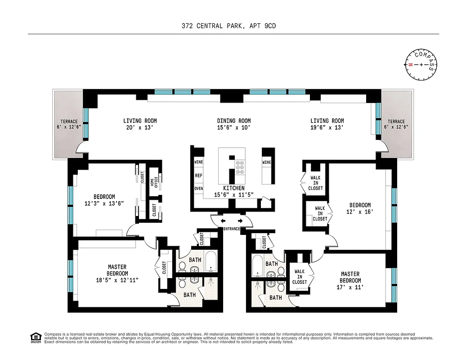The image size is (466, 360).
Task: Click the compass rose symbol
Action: [421, 65]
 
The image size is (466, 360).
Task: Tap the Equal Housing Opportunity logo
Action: [36, 337]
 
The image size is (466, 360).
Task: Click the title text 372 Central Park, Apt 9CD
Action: [229, 26]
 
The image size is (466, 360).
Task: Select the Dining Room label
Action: [234, 121]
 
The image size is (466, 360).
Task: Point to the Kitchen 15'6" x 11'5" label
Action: [234, 191]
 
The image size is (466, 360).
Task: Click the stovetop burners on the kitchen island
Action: [240, 167]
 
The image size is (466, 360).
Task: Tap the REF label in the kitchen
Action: [198, 175]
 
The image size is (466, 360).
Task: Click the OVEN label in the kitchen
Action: [198, 189]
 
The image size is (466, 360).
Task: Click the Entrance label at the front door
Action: [232, 229]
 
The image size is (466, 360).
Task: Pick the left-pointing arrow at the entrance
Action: [223, 221]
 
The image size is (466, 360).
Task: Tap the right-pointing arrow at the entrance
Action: [240, 221]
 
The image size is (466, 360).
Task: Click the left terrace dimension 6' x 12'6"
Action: [69, 127]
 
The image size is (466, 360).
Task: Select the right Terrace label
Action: [396, 121]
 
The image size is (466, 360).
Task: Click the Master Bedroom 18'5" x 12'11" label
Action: [117, 274]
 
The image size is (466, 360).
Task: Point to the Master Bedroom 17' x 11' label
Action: [350, 280]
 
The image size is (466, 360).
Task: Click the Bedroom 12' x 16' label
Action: [360, 208]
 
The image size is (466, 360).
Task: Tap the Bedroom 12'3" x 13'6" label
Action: [104, 200]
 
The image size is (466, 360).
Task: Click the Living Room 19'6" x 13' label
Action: [327, 124]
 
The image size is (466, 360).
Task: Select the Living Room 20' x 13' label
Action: [140, 124]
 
